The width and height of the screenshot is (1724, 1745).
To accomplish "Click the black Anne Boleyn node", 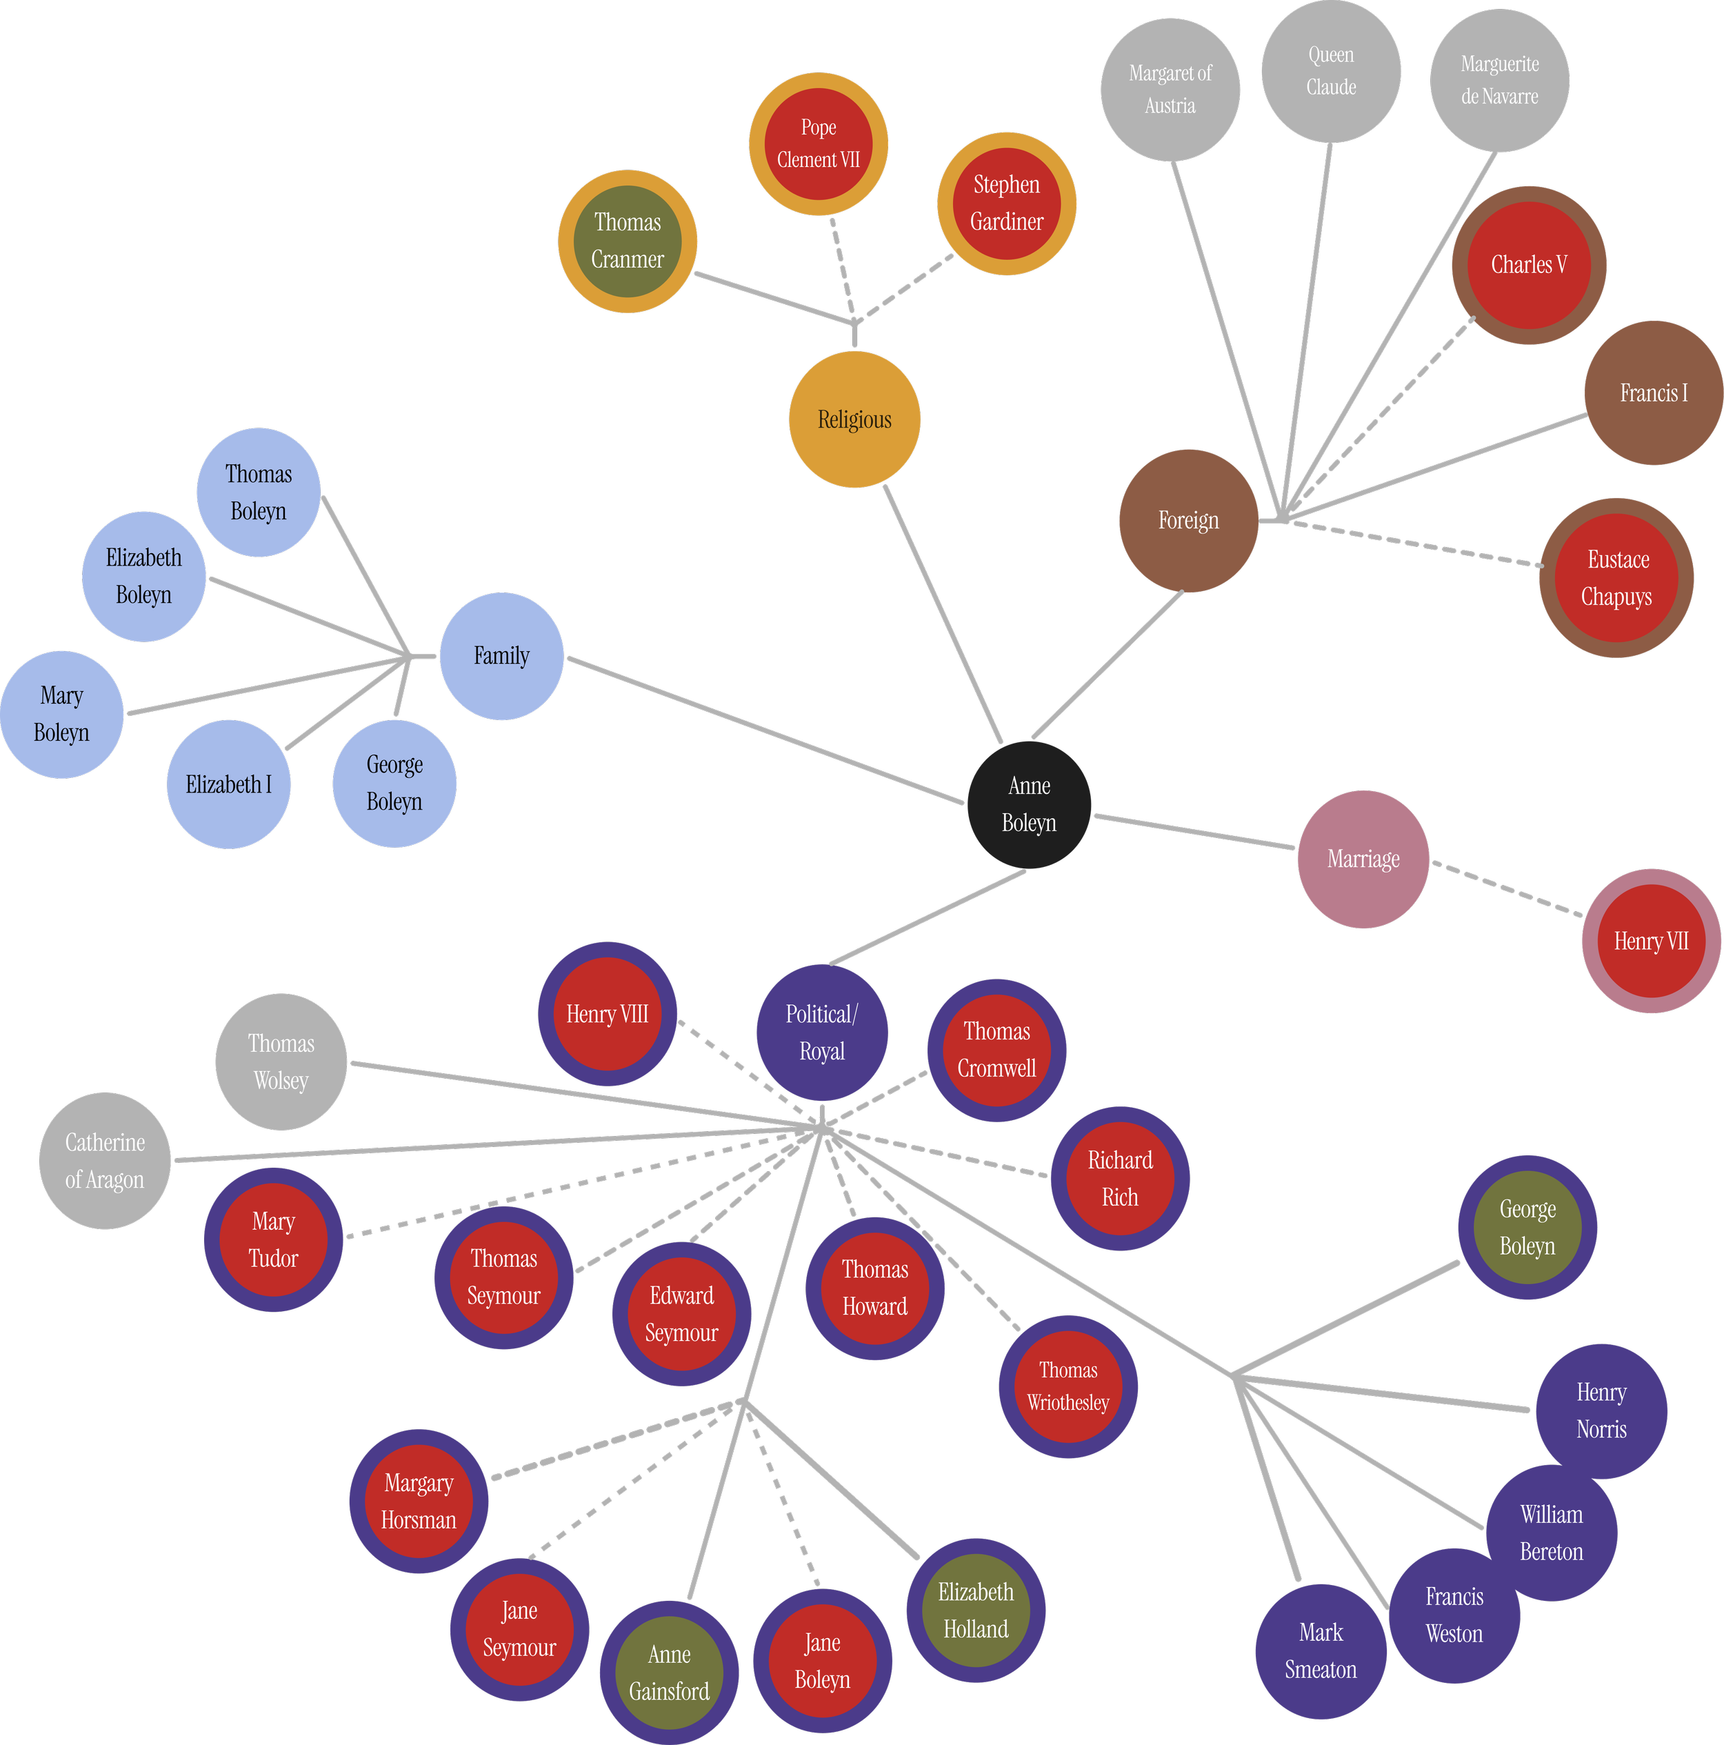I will pyautogui.click(x=1029, y=805).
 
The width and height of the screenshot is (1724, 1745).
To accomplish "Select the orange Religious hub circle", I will pyautogui.click(x=854, y=420).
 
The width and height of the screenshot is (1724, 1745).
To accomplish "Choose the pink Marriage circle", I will pyautogui.click(x=1363, y=859).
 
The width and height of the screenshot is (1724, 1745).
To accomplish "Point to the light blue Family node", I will pyautogui.click(x=501, y=656).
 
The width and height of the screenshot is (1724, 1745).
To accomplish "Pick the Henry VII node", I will pyautogui.click(x=1651, y=941).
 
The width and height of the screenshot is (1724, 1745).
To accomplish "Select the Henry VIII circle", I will pyautogui.click(x=607, y=1015).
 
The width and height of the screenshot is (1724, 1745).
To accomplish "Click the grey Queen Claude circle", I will pyautogui.click(x=1331, y=71).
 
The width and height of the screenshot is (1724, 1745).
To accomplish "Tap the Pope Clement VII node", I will pyautogui.click(x=818, y=143).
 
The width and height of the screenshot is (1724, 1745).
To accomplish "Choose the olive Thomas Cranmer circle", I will pyautogui.click(x=627, y=241).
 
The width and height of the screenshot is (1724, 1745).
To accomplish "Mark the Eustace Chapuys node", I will pyautogui.click(x=1616, y=578).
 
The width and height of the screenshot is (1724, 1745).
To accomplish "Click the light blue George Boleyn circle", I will pyautogui.click(x=394, y=783).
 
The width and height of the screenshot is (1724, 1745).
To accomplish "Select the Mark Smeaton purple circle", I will pyautogui.click(x=1321, y=1651).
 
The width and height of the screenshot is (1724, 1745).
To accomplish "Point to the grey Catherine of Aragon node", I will pyautogui.click(x=105, y=1161).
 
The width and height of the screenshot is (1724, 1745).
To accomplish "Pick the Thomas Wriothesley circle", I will pyautogui.click(x=1068, y=1386).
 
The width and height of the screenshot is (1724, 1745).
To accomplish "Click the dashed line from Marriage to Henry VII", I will pyautogui.click(x=1506, y=890).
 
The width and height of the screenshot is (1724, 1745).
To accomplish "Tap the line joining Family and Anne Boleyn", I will pyautogui.click(x=764, y=730).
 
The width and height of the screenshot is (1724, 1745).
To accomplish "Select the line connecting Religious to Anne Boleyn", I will pyautogui.click(x=943, y=613).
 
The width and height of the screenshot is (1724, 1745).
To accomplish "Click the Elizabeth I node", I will pyautogui.click(x=228, y=784).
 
